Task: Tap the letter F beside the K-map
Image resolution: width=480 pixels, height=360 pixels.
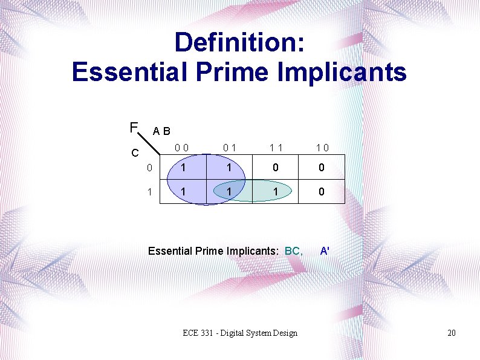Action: [x=133, y=128]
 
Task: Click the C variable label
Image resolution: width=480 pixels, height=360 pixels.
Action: [x=135, y=153]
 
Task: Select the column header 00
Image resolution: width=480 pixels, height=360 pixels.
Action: [x=181, y=147]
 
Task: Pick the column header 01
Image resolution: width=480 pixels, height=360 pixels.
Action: [x=229, y=147]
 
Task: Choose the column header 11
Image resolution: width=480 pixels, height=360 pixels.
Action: [x=276, y=147]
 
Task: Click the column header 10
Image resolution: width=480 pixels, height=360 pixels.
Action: [x=322, y=147]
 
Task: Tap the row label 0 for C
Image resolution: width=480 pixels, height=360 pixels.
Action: [x=149, y=168]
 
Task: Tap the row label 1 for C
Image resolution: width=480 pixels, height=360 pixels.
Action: [x=149, y=191]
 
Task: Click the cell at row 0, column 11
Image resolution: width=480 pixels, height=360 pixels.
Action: [x=276, y=168]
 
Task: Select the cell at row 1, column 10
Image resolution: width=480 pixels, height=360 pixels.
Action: [x=322, y=191]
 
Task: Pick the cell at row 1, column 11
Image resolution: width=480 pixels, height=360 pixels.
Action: [x=276, y=191]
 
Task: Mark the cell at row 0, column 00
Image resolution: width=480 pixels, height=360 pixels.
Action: [x=183, y=168]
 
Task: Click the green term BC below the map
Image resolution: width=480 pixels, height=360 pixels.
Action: [x=293, y=250]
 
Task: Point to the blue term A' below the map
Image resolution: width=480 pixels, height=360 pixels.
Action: [x=325, y=250]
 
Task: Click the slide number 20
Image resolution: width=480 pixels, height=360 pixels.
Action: [x=452, y=333]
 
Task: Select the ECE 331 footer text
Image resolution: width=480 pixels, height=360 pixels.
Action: [x=240, y=333]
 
